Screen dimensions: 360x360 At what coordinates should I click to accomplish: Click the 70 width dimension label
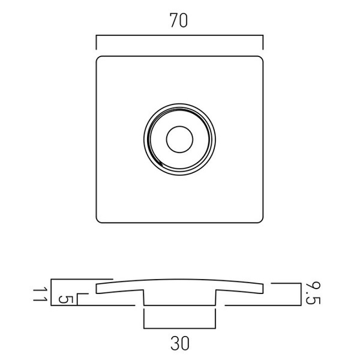(179, 20)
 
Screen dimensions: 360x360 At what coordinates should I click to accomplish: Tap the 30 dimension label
(180, 343)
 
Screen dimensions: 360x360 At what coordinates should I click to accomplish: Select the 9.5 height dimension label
(313, 293)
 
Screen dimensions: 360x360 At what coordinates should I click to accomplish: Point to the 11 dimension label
(40, 295)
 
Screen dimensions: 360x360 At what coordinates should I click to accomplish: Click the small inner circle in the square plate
(179, 139)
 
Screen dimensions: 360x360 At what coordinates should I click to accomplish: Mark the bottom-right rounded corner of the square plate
(261, 221)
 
